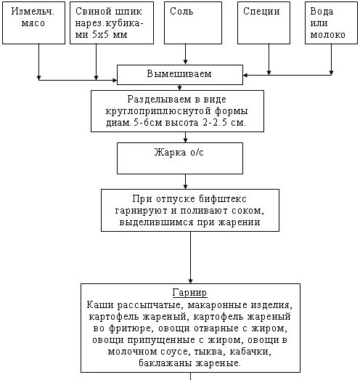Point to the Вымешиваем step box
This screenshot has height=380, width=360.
(180, 74)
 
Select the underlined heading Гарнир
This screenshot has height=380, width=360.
(190, 293)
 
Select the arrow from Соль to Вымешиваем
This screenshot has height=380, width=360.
(186, 54)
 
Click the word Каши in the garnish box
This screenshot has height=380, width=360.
(99, 305)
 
